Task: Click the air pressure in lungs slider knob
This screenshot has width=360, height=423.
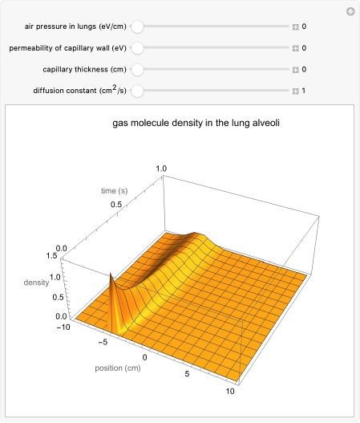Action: pos(137,26)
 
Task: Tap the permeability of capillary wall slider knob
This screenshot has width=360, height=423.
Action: pos(137,48)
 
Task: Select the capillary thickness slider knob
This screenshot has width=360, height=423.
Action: pos(137,69)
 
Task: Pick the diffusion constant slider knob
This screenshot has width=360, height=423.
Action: pos(137,90)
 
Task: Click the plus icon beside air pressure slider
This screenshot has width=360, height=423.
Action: pos(295,26)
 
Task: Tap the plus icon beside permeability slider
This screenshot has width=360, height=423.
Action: pos(295,48)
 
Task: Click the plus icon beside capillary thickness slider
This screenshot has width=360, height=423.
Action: pos(295,69)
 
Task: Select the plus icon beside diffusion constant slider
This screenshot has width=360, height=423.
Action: pos(295,90)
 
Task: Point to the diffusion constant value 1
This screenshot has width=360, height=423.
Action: pos(304,90)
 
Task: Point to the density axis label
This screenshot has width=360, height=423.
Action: pos(35,283)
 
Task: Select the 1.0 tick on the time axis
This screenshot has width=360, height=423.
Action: pos(161,169)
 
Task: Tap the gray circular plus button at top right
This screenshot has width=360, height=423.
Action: pos(350,11)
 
